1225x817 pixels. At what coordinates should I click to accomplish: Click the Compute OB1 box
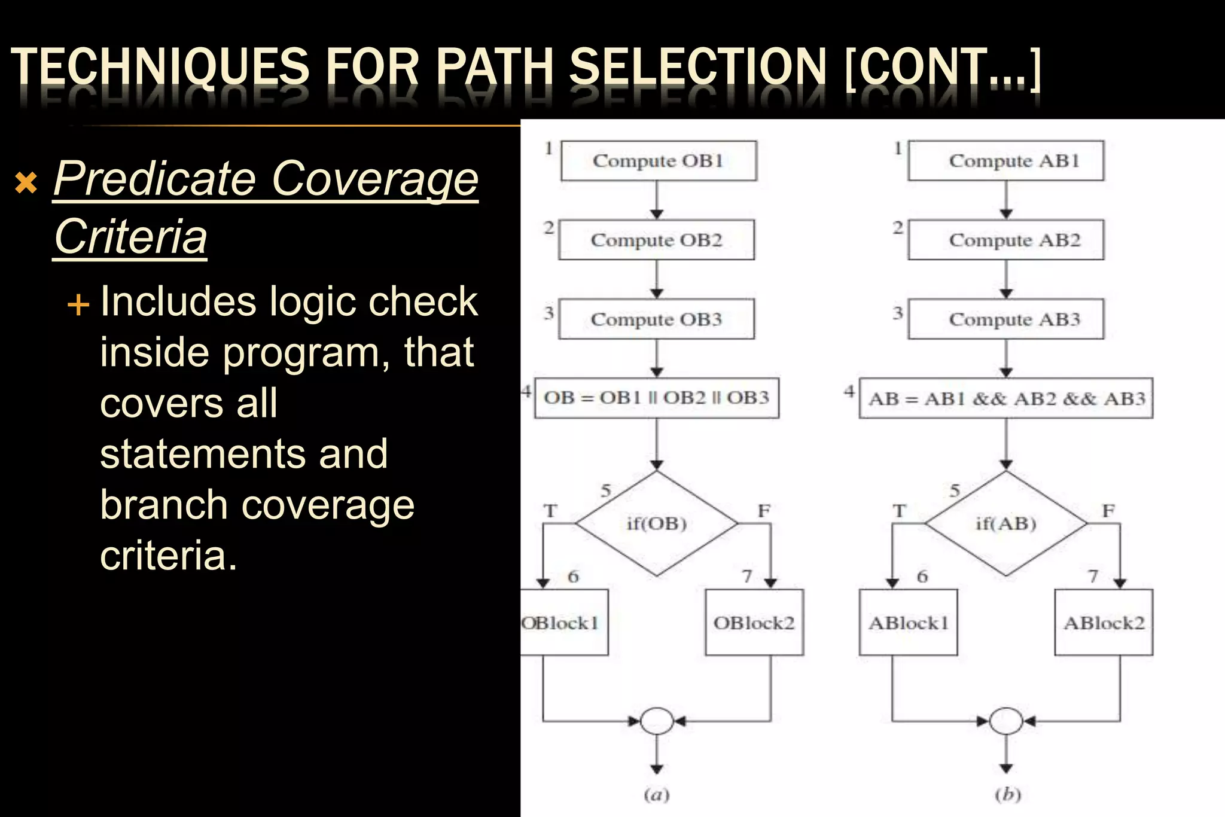pyautogui.click(x=659, y=161)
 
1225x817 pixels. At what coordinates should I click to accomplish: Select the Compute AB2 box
pyautogui.click(x=1006, y=240)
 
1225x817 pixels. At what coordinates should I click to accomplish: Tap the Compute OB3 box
pyautogui.click(x=657, y=319)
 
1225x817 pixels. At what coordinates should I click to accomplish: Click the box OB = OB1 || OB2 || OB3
pyautogui.click(x=656, y=398)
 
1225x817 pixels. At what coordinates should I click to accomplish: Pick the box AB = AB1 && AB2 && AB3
pyautogui.click(x=1006, y=398)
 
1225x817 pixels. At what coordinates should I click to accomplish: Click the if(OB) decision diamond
pyautogui.click(x=657, y=524)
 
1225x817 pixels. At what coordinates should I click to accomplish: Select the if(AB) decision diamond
pyautogui.click(x=1006, y=524)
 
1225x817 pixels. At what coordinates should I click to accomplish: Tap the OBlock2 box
pyautogui.click(x=754, y=623)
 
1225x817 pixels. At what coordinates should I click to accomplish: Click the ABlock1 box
pyautogui.click(x=908, y=623)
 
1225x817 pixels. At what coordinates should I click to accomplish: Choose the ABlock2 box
pyautogui.click(x=1104, y=623)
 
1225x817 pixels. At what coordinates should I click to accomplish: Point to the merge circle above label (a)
pyautogui.click(x=657, y=721)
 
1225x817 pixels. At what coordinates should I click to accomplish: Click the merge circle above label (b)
pyautogui.click(x=1006, y=721)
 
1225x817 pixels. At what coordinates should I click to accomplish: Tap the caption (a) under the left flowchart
pyautogui.click(x=657, y=795)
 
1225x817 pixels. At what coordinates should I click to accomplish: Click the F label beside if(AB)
pyautogui.click(x=1108, y=511)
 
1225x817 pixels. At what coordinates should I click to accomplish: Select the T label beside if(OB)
pyautogui.click(x=550, y=511)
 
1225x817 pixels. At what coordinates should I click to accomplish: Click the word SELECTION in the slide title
pyautogui.click(x=697, y=67)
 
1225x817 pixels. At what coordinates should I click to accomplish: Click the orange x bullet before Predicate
pyautogui.click(x=26, y=183)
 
